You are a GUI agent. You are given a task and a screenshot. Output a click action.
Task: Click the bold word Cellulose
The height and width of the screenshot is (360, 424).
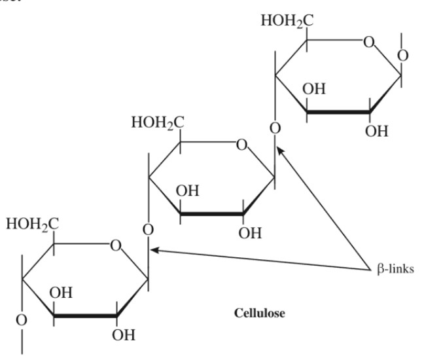pyautogui.click(x=259, y=313)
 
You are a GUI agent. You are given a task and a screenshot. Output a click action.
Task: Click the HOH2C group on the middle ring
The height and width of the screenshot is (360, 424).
pyautogui.click(x=158, y=122)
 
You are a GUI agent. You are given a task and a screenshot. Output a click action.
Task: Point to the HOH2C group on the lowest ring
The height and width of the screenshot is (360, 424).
pyautogui.click(x=32, y=223)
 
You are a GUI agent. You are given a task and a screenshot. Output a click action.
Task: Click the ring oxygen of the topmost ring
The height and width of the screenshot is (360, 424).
pyautogui.click(x=369, y=44)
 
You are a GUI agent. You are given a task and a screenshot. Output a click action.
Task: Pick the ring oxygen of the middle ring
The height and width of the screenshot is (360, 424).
pyautogui.click(x=241, y=144)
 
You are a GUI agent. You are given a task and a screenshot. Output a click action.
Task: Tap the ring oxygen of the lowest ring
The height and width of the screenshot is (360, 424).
pyautogui.click(x=116, y=245)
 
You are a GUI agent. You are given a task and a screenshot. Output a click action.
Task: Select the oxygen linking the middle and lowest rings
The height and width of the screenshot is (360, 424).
pyautogui.click(x=149, y=230)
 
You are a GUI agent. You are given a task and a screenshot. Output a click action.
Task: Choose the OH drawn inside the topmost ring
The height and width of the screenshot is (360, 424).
pyautogui.click(x=315, y=90)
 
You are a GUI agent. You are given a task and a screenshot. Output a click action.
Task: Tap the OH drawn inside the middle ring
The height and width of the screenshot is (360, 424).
pyautogui.click(x=188, y=191)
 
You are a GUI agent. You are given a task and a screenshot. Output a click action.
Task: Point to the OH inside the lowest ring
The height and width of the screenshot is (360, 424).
pyautogui.click(x=62, y=293)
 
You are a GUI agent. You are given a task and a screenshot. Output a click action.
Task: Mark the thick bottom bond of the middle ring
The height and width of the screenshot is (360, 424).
pyautogui.click(x=211, y=214)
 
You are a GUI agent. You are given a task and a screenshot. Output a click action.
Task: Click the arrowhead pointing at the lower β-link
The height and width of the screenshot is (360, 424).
pyautogui.click(x=154, y=249)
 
